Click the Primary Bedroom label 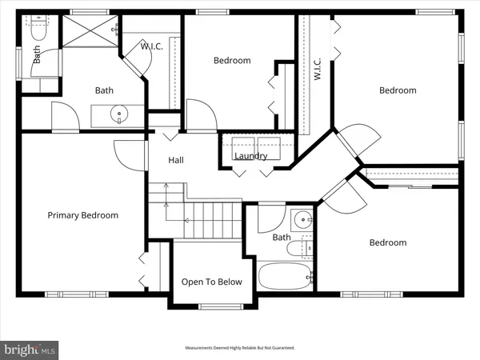[x=82, y=215]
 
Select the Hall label [x=176, y=160]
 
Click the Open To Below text [x=212, y=282]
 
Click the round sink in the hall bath [x=302, y=220]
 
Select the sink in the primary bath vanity [x=119, y=114]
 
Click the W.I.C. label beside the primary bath [x=152, y=46]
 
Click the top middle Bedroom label [x=232, y=60]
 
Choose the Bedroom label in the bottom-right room [x=387, y=242]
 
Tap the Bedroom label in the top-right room [x=398, y=90]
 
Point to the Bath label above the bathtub [x=282, y=238]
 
